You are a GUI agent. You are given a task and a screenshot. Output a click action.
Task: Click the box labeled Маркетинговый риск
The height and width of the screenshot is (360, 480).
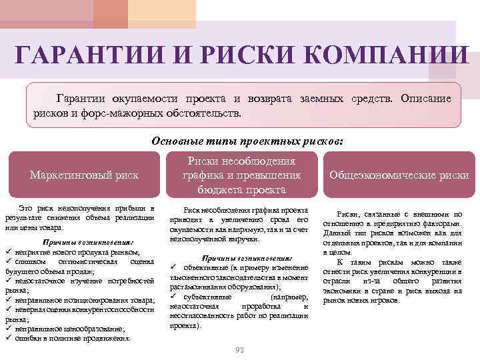click(84, 175)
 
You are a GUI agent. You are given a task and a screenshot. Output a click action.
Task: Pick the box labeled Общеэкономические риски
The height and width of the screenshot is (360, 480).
click(399, 175)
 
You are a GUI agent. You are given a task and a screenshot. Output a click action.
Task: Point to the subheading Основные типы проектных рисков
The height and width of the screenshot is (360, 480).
click(247, 141)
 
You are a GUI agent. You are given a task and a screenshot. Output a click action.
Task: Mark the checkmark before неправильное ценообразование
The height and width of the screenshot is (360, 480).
click(8, 328)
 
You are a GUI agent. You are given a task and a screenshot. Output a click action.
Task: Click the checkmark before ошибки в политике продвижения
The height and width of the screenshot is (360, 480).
click(8, 338)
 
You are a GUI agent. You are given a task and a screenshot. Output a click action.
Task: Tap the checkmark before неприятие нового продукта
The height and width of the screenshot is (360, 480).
click(8, 253)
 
